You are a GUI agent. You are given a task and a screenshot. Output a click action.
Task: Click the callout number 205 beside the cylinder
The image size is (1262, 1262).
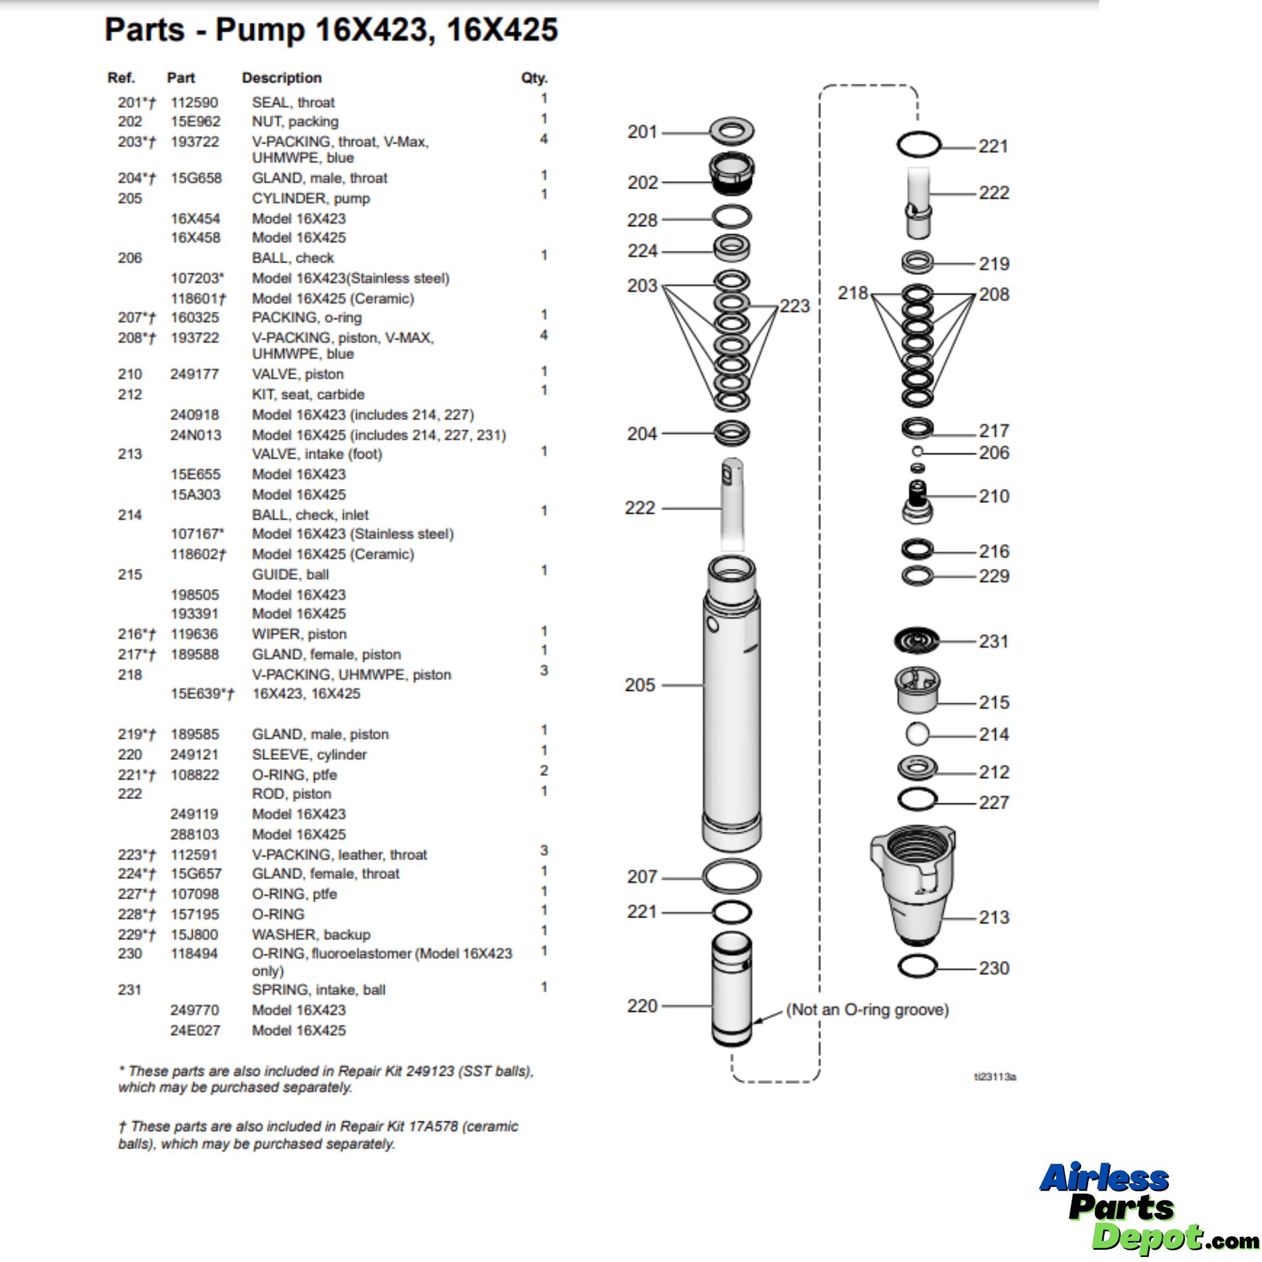(x=639, y=685)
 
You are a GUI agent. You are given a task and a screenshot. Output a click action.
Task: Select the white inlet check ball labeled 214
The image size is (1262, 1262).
(x=917, y=733)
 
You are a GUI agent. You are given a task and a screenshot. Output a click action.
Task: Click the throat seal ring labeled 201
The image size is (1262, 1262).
(x=731, y=131)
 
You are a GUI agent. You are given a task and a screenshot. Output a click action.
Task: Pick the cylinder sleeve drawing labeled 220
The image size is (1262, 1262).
(x=731, y=990)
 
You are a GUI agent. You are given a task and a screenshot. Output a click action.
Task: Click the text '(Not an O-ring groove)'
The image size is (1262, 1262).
(x=867, y=1010)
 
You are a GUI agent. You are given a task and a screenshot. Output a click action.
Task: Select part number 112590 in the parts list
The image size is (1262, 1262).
(x=194, y=102)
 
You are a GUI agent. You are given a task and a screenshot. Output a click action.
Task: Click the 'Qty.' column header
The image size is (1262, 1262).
(x=534, y=78)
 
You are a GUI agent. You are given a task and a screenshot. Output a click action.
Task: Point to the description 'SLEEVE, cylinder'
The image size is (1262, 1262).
(x=309, y=754)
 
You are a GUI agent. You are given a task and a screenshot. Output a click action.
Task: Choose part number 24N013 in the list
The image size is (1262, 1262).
(x=195, y=435)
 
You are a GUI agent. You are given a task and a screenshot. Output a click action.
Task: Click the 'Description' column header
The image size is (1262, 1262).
(x=282, y=78)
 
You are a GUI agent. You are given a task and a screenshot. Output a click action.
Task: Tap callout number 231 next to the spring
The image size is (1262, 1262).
(x=993, y=641)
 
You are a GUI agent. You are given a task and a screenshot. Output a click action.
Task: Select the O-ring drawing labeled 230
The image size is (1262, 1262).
(x=917, y=966)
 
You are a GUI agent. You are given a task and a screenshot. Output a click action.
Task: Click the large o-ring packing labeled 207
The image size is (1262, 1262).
(x=731, y=877)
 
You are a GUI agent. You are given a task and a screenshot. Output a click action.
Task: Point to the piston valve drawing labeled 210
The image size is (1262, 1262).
(x=917, y=502)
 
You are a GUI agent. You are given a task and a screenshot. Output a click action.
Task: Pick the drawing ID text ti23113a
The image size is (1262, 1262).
(x=995, y=1077)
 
